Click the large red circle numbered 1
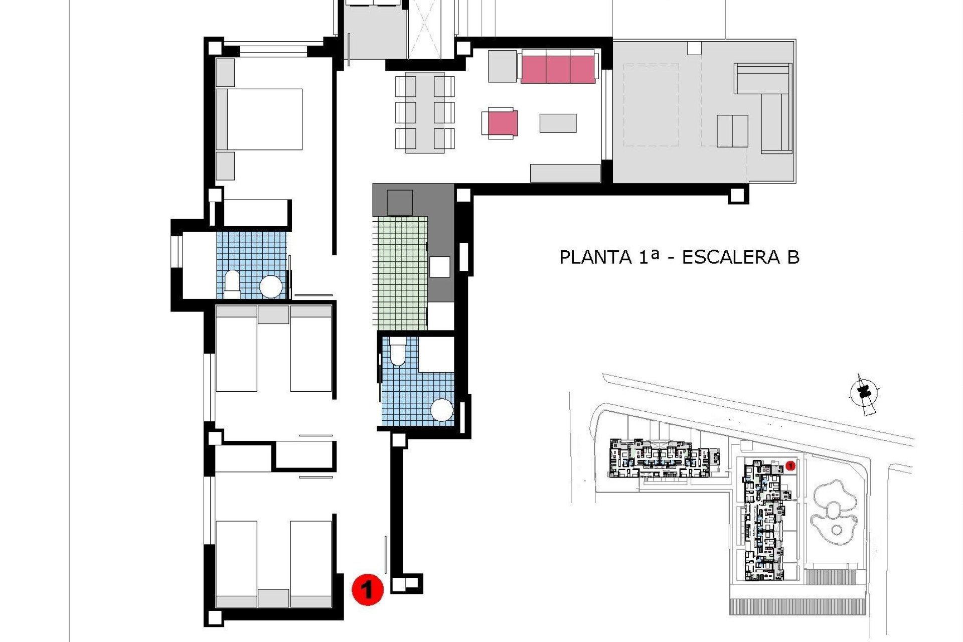point(368,589)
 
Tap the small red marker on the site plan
point(790,466)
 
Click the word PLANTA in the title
point(595,257)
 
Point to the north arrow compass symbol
point(864,394)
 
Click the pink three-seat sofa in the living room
point(558,69)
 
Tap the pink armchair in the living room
point(502,123)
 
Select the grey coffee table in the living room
point(558,123)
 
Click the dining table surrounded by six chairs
point(425,112)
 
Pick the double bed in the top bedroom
point(264,119)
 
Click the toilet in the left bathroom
point(232,282)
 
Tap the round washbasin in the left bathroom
point(271,287)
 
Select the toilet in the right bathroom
point(398,351)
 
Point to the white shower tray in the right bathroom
point(436,354)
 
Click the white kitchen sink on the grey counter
point(439,267)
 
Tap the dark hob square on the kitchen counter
point(400,203)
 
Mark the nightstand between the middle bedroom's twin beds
point(273,314)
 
